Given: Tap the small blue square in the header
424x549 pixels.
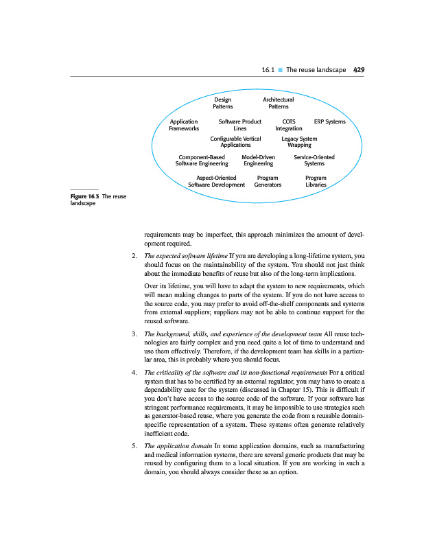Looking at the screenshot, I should [280, 70].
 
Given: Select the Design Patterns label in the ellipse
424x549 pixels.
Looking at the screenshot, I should [223, 104].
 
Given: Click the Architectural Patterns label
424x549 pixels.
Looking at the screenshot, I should [278, 104].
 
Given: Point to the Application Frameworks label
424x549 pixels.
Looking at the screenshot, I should [184, 125].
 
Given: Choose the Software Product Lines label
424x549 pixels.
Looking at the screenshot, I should [239, 125].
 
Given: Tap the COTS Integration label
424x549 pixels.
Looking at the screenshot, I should [289, 125].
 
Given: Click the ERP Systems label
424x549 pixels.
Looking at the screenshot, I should [329, 121].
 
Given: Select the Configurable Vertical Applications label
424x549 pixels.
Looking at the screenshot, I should [235, 142].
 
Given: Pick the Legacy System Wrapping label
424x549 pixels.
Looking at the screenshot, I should [299, 142].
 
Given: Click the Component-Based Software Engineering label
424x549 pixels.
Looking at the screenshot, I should [202, 161].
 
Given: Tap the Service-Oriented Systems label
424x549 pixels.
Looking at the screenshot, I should [314, 161].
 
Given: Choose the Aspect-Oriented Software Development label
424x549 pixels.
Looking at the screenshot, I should [216, 181].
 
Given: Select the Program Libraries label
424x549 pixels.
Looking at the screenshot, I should [316, 181].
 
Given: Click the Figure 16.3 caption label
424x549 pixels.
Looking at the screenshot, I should [85, 197].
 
